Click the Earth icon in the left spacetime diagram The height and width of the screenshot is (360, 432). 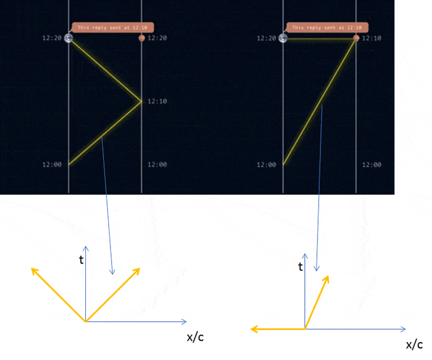point(69,38)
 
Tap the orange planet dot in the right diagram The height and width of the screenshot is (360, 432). point(356,38)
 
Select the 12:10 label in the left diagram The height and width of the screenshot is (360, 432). point(157,102)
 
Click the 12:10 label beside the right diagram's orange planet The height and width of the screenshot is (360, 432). point(372,38)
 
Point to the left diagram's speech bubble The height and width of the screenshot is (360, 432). point(113,27)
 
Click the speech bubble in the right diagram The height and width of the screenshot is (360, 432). point(327,27)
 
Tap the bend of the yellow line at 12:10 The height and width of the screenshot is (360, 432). point(141,102)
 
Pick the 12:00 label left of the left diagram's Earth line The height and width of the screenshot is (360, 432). point(52,165)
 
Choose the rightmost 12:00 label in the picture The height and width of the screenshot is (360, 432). point(372,165)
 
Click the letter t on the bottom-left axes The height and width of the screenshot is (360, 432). point(81,260)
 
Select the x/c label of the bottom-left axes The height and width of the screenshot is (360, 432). point(195,337)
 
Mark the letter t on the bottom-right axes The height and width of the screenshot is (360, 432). point(300,267)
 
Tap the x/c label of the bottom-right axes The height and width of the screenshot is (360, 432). point(415,344)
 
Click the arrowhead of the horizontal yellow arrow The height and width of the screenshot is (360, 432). point(254,329)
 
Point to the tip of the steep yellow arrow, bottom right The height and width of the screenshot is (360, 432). point(328,276)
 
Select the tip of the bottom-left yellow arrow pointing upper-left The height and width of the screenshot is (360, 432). point(31,268)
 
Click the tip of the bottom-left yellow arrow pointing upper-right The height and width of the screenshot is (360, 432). point(140,268)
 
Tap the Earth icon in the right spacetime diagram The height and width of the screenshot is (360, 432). point(283,38)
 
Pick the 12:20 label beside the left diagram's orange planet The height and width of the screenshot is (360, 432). point(157,38)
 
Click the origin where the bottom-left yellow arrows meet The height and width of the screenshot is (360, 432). point(86,321)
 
